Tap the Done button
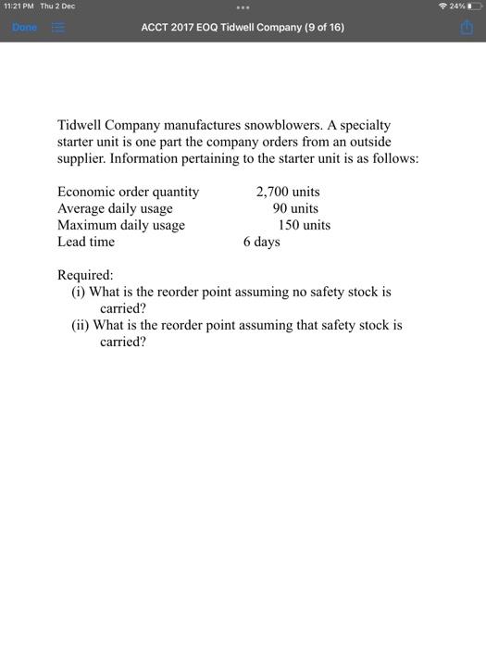pos(24,28)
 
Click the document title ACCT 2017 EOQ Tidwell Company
pos(243,28)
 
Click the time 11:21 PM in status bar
pos(21,6)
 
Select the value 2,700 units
pos(288,192)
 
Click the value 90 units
pos(295,208)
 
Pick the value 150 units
pos(304,225)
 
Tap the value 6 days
pos(261,242)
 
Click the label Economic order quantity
pos(128,192)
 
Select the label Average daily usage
pos(115,208)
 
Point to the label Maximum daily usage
pos(121,225)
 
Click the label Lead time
pos(86,242)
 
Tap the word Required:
pos(85,275)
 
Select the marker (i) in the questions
pos(80,292)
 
